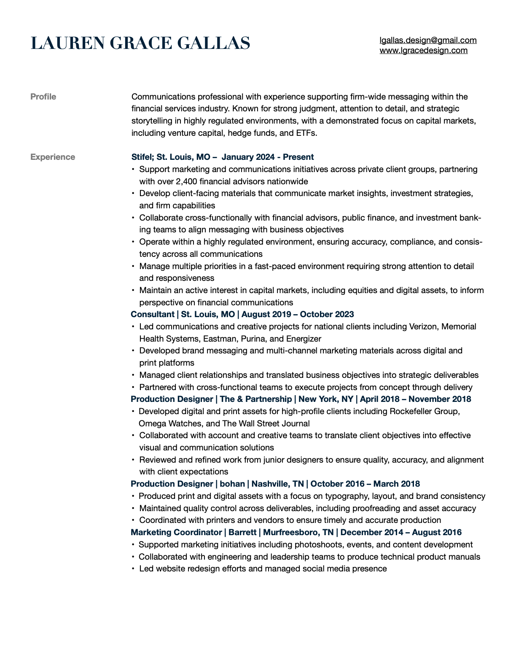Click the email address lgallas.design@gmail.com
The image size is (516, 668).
point(428,40)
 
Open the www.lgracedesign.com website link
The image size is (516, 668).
point(423,51)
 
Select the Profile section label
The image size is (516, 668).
point(43,97)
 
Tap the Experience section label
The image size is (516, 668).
point(53,157)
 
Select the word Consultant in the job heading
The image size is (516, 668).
point(152,315)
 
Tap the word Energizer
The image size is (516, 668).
point(304,339)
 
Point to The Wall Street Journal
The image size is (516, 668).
point(266,424)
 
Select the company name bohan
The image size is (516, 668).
point(232,484)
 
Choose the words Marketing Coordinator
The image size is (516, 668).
point(176,533)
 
